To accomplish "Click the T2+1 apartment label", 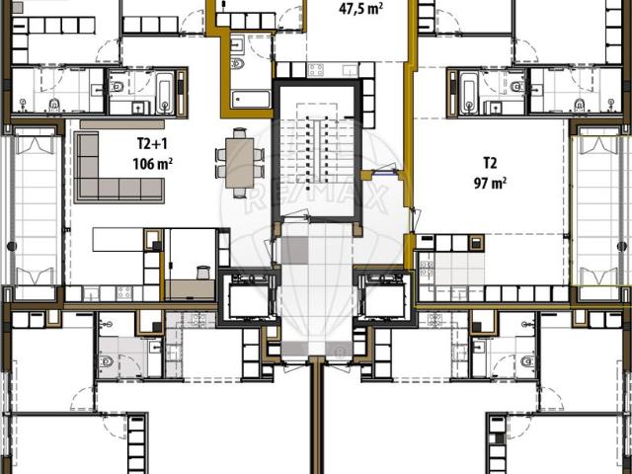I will point(151,144).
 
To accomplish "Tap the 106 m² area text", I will point(152,163).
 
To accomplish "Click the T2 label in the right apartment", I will point(490,162).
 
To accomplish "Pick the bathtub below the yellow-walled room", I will point(251,99).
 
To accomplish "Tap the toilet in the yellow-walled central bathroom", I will point(237,65).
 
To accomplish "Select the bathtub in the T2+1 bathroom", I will point(163,92).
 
